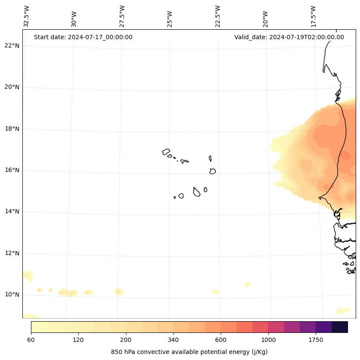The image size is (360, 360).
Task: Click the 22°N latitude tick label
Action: tap(12, 46)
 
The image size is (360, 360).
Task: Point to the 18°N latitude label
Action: tap(12, 129)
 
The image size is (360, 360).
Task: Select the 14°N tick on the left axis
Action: tap(12, 211)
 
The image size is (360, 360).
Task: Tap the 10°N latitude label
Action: tap(12, 295)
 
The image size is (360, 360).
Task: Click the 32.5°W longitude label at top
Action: tap(27, 16)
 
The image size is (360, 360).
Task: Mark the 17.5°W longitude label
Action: tap(314, 16)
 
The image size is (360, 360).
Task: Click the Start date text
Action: tap(83, 37)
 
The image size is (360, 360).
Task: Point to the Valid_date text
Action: tap(289, 37)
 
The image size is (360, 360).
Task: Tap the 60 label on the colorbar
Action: tap(31, 340)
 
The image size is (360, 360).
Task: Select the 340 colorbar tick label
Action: tap(173, 340)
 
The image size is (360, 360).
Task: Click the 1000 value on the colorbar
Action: tap(268, 340)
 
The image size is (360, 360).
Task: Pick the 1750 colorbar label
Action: tap(316, 340)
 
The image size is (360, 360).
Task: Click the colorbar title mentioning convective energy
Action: tap(189, 352)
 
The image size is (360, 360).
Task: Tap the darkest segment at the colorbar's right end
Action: tap(340, 327)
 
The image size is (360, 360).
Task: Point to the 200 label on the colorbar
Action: tap(126, 340)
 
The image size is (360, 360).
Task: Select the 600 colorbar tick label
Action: tap(221, 340)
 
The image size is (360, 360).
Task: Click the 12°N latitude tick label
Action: tap(12, 253)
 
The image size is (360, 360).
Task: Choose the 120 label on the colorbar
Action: tap(78, 340)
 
